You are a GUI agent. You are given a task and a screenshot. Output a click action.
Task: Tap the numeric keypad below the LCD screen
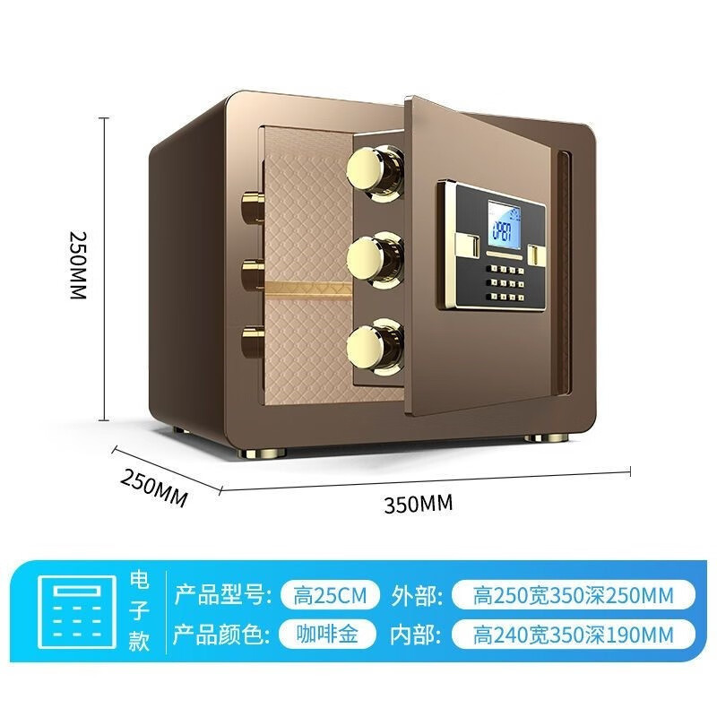[501, 281]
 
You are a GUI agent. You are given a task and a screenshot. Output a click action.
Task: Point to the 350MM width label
[419, 504]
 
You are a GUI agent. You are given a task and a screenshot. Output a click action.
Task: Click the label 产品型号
[220, 594]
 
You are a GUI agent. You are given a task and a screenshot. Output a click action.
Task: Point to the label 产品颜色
[220, 635]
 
